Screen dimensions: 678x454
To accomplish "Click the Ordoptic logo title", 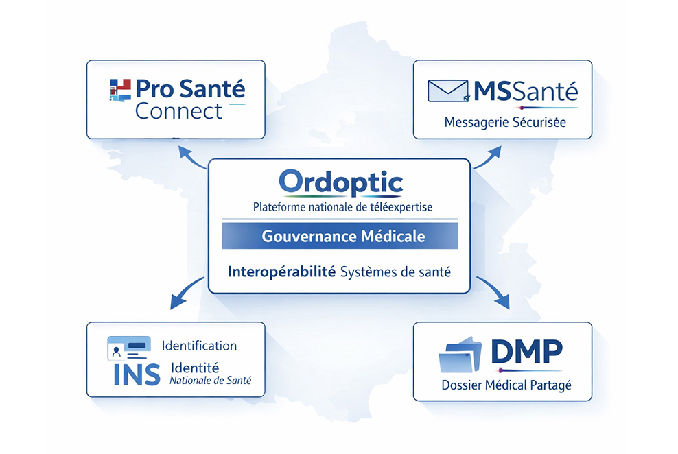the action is pyautogui.click(x=341, y=182).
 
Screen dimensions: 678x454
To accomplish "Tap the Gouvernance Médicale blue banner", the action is pyautogui.click(x=340, y=236).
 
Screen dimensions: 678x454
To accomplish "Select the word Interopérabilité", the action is pyautogui.click(x=281, y=272).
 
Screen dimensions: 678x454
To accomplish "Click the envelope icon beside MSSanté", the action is pyautogui.click(x=448, y=91).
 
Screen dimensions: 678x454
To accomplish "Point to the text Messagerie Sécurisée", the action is pyautogui.click(x=505, y=122).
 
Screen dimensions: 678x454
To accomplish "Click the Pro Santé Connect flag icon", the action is pyautogui.click(x=120, y=90).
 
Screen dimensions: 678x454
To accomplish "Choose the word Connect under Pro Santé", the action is pyautogui.click(x=178, y=112).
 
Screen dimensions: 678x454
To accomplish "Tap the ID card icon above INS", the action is pyautogui.click(x=129, y=348).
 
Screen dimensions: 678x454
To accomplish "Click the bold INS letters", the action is pyautogui.click(x=137, y=374).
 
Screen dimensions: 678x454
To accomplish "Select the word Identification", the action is pyautogui.click(x=199, y=346).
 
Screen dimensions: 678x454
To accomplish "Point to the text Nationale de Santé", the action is pyautogui.click(x=210, y=380).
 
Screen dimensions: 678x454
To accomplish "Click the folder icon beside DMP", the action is pyautogui.click(x=460, y=355).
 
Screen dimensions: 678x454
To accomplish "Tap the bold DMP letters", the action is pyautogui.click(x=526, y=351).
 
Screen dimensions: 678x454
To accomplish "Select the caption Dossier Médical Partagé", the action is pyautogui.click(x=506, y=385).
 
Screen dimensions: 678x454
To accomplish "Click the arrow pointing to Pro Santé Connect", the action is pyautogui.click(x=191, y=157).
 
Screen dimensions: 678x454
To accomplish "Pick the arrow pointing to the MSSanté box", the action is pyautogui.click(x=488, y=157).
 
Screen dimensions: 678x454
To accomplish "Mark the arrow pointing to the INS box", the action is pyautogui.click(x=187, y=293).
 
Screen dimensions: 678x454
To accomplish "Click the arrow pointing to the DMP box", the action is pyautogui.click(x=493, y=292).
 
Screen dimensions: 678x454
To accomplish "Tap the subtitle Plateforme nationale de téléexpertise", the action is pyautogui.click(x=342, y=207).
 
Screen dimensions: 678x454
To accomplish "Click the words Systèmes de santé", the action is pyautogui.click(x=396, y=272).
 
